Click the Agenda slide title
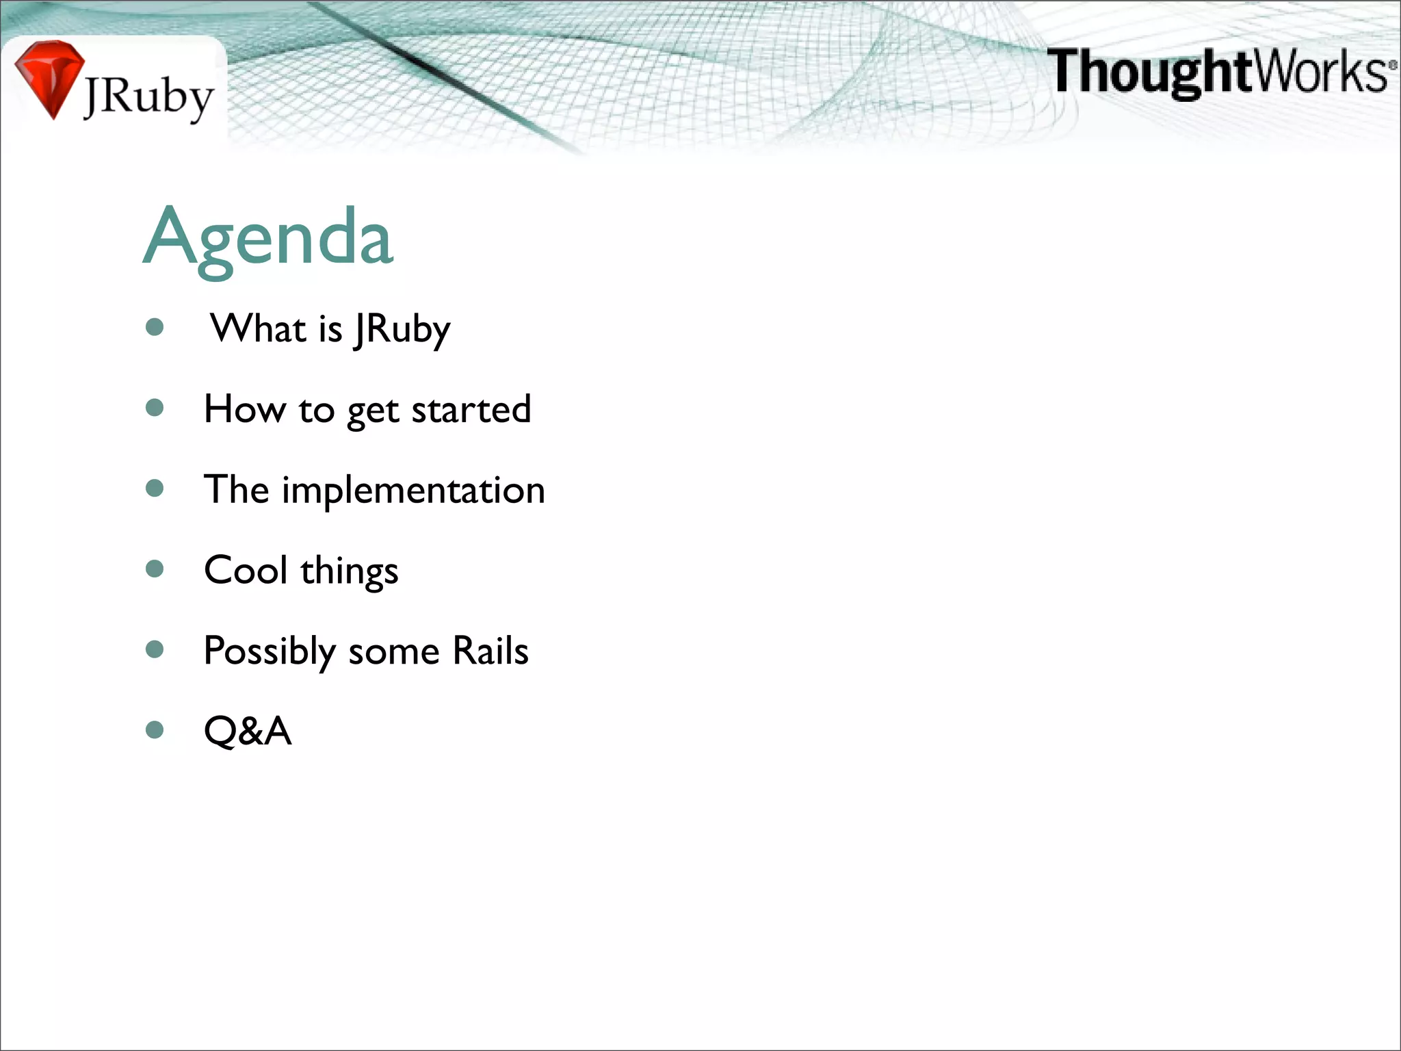(x=268, y=237)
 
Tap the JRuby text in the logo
(x=148, y=98)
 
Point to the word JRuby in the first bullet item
(x=402, y=330)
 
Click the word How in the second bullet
(x=244, y=409)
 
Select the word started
(x=471, y=410)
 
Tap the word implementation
(x=413, y=491)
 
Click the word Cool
(x=246, y=570)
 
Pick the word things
(x=349, y=571)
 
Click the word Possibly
(x=269, y=651)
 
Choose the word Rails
(x=490, y=650)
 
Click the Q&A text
(x=248, y=731)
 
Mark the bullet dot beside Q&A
(x=155, y=729)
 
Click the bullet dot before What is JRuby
(x=155, y=327)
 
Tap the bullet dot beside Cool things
(x=155, y=569)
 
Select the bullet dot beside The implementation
(x=155, y=488)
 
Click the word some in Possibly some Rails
(x=393, y=651)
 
